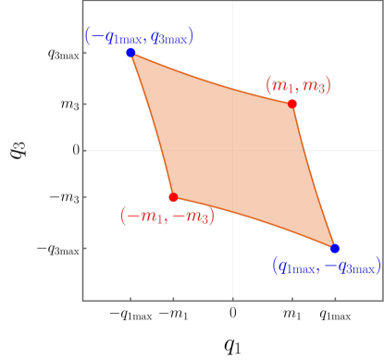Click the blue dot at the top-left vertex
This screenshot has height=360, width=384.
(x=130, y=53)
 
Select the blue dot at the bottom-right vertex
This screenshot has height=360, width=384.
(x=335, y=248)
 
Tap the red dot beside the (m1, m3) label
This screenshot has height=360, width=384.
(x=292, y=104)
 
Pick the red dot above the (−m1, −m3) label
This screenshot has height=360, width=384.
(x=173, y=197)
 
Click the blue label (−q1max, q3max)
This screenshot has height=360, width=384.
(x=139, y=36)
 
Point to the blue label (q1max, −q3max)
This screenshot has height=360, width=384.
(x=327, y=266)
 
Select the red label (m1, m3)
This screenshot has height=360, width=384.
(x=298, y=85)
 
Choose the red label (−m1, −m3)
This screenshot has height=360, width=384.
(x=167, y=216)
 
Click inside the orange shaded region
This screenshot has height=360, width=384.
(x=231, y=148)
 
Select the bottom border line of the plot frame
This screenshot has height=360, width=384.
(x=185, y=300)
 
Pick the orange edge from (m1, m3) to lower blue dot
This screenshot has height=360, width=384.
(x=313, y=176)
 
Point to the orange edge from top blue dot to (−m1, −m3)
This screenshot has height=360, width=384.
(x=152, y=125)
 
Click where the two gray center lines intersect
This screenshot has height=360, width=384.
(x=232, y=150)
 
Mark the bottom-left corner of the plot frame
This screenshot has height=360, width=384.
(x=83, y=300)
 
